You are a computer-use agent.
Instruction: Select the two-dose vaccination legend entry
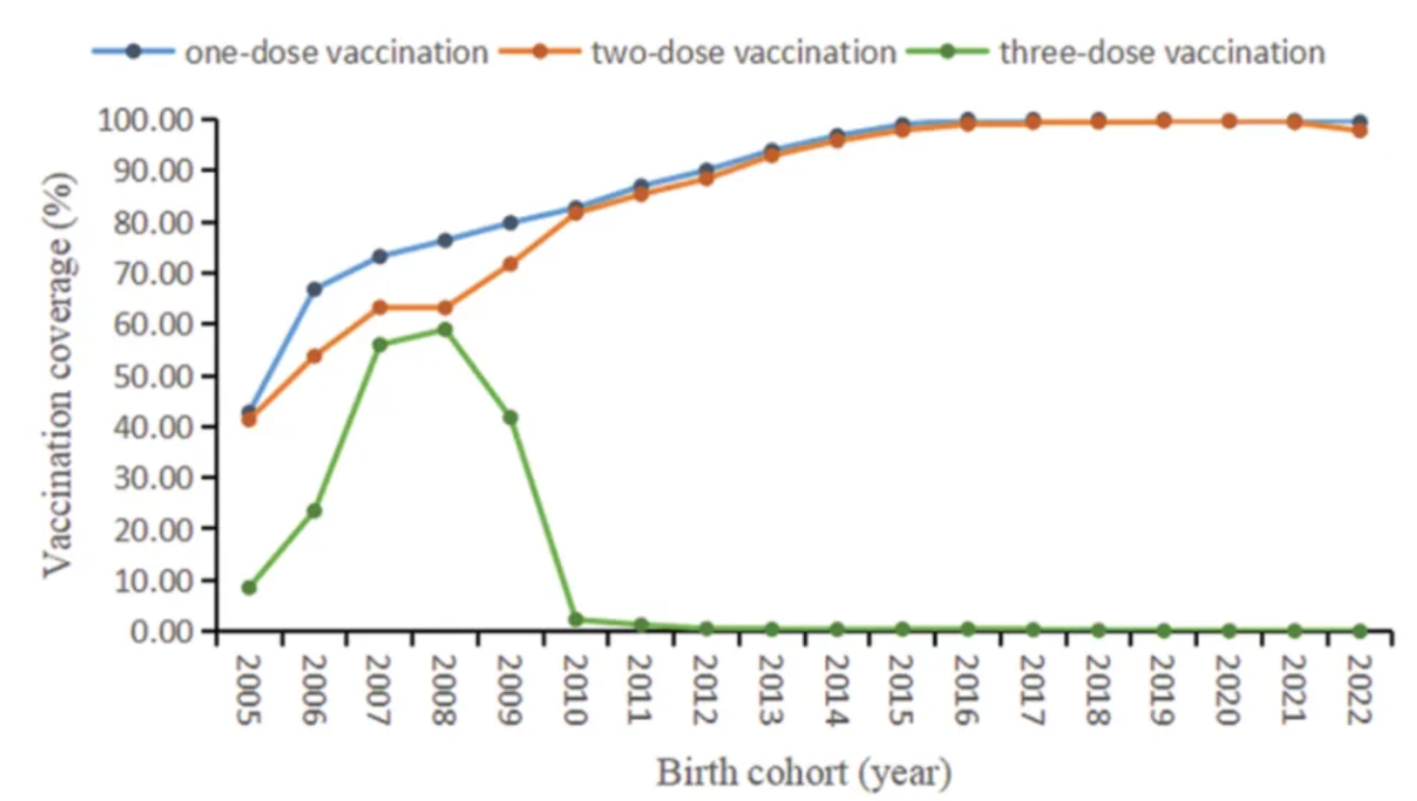click(x=699, y=52)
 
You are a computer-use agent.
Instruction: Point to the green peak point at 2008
click(x=445, y=330)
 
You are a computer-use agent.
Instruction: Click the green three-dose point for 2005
click(x=249, y=587)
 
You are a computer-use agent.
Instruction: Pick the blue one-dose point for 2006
click(x=314, y=289)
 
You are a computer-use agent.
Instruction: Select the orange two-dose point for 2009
click(x=511, y=263)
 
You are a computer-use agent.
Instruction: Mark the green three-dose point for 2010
click(x=576, y=620)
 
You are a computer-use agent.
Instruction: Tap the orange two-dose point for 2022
click(x=1360, y=130)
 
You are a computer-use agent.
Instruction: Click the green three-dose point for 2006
click(x=314, y=510)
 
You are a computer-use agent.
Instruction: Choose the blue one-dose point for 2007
click(x=380, y=256)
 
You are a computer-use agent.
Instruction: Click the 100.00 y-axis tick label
click(x=146, y=120)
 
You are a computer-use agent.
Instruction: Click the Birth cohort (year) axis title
click(x=804, y=772)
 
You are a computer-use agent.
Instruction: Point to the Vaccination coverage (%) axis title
click(x=58, y=376)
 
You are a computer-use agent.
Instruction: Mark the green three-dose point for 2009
click(x=511, y=417)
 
